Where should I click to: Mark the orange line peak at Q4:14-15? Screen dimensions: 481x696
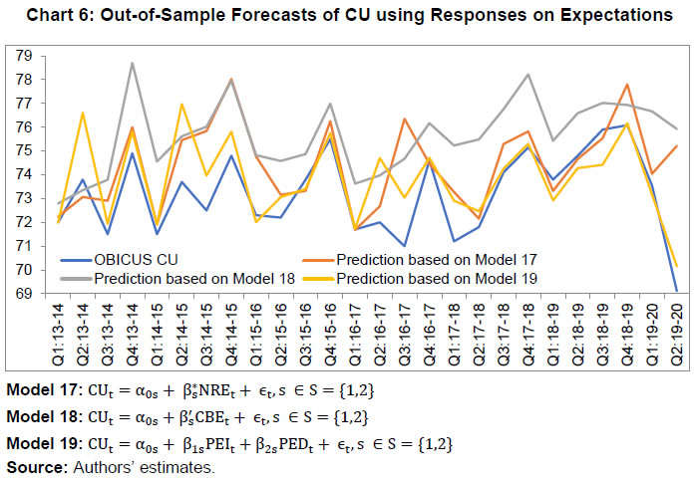click(231, 80)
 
